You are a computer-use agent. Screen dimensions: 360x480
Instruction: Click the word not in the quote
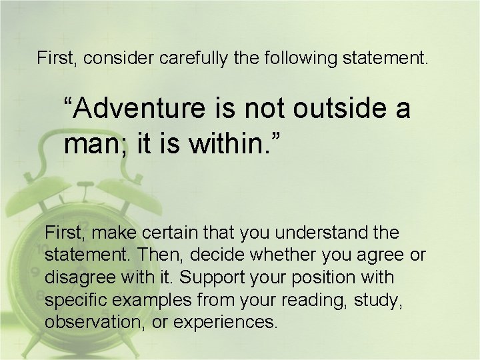pos(268,107)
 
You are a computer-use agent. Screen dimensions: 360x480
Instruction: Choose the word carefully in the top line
pos(194,58)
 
